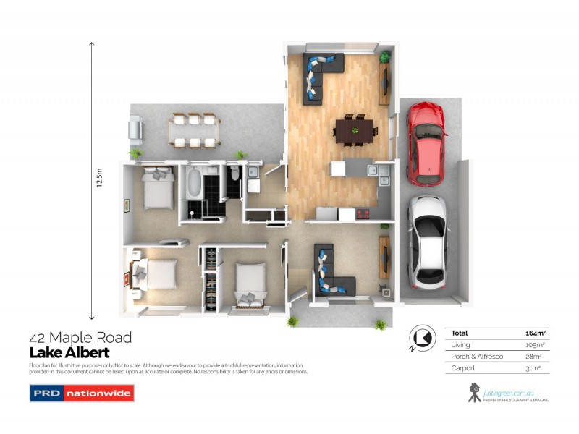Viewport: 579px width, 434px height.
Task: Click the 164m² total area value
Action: (535, 333)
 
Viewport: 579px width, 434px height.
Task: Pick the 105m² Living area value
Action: (536, 344)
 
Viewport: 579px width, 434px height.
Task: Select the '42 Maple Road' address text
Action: (80, 338)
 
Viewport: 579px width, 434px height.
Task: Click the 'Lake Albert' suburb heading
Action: (69, 353)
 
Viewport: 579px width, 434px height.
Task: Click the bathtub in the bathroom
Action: (194, 184)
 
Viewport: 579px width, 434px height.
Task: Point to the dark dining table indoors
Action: (355, 130)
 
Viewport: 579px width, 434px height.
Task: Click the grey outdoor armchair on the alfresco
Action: (135, 129)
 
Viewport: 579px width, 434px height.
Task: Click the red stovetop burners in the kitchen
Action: (363, 213)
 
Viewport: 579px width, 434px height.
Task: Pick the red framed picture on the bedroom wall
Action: (129, 276)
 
